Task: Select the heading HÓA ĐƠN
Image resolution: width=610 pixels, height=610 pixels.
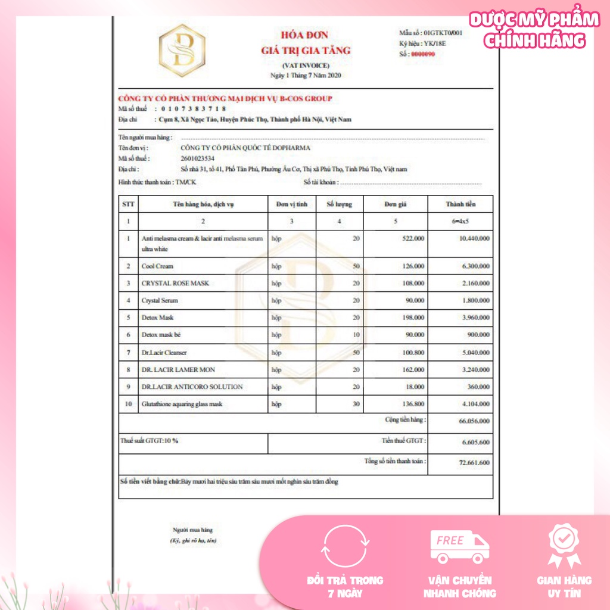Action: point(304,35)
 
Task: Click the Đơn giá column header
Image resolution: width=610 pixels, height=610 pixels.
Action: point(395,204)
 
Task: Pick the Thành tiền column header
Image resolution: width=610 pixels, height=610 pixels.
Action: point(460,204)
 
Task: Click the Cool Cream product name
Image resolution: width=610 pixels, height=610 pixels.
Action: point(157,266)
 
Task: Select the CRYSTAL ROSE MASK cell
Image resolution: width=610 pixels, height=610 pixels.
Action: point(175,283)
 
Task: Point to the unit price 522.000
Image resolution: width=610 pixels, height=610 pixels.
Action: point(411,238)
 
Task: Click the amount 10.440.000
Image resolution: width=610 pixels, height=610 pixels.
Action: point(474,238)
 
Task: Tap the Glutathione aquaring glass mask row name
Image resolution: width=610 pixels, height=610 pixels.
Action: point(182,404)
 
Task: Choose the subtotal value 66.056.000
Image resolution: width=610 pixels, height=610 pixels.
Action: point(474,422)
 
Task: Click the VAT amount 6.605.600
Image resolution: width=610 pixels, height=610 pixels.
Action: point(475,442)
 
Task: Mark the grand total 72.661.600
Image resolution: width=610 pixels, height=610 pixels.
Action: point(474,463)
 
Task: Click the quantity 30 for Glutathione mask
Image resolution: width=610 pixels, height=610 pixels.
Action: point(356,404)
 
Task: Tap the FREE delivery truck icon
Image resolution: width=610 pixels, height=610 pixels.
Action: point(459,547)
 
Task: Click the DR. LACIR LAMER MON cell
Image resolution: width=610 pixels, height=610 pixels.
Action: point(178,369)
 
